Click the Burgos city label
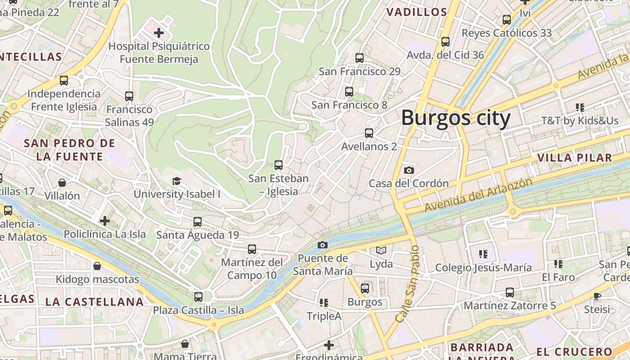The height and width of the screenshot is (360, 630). (455, 118)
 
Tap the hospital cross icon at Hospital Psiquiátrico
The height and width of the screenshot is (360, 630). (158, 32)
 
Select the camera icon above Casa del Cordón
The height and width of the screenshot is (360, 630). (409, 170)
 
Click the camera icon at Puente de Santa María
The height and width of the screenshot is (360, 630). (322, 245)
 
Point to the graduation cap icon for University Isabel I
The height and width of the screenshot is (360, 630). (176, 181)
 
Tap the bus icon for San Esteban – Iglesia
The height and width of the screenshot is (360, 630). (279, 165)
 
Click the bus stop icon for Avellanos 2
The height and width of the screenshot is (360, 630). (369, 133)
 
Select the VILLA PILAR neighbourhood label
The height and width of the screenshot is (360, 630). (575, 157)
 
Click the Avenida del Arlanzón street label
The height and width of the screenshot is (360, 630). (478, 195)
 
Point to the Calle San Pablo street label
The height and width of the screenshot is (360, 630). (407, 283)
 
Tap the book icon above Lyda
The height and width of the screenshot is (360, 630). (381, 250)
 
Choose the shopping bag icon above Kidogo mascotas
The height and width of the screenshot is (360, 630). (97, 266)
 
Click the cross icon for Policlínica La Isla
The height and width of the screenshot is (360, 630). (105, 220)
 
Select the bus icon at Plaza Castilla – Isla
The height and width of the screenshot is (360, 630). (198, 297)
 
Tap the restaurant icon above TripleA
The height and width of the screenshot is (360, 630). (324, 303)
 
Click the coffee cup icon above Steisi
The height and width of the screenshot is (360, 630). (597, 296)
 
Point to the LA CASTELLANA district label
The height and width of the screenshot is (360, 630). (94, 302)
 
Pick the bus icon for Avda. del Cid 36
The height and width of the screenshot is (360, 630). (445, 42)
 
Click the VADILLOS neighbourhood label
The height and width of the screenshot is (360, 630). (417, 12)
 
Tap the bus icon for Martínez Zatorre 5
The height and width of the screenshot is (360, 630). (509, 292)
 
